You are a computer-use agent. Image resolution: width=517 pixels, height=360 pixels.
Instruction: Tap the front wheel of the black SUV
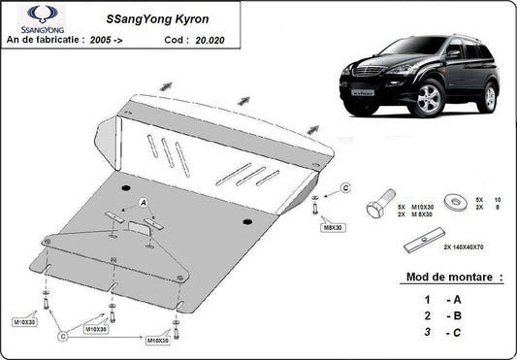(426, 101)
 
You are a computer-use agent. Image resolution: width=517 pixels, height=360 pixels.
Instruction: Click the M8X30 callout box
(333, 229)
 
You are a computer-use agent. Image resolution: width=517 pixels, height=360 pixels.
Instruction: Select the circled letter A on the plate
(144, 202)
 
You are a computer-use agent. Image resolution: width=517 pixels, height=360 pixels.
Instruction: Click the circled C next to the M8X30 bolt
(345, 187)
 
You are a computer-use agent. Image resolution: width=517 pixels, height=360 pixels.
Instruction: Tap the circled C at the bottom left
(63, 336)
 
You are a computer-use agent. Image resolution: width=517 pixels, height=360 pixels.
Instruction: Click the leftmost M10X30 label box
(25, 321)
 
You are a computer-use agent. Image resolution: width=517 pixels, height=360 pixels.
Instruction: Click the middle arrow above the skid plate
(244, 99)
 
